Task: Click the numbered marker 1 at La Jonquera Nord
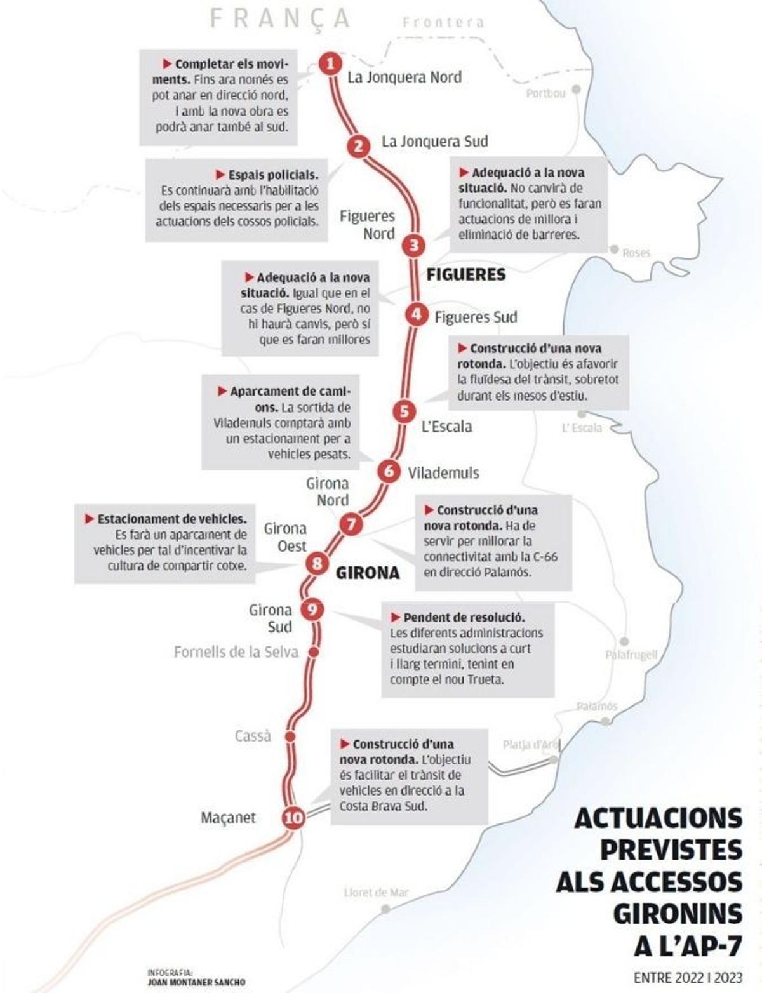click(330, 63)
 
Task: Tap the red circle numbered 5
click(404, 411)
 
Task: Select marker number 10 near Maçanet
click(293, 818)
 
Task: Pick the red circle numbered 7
click(351, 524)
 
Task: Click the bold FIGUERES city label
click(465, 275)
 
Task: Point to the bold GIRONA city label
click(368, 573)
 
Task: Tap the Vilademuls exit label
click(443, 473)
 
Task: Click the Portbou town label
click(545, 94)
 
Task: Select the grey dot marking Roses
click(614, 250)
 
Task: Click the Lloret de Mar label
click(376, 893)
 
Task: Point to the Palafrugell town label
click(631, 655)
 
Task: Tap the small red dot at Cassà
click(290, 736)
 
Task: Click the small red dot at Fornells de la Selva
click(312, 652)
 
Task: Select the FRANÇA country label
click(279, 19)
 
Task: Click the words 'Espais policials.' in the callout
click(273, 175)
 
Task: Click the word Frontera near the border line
click(443, 23)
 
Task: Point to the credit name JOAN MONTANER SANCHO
click(196, 982)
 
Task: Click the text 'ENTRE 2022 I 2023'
click(688, 978)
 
